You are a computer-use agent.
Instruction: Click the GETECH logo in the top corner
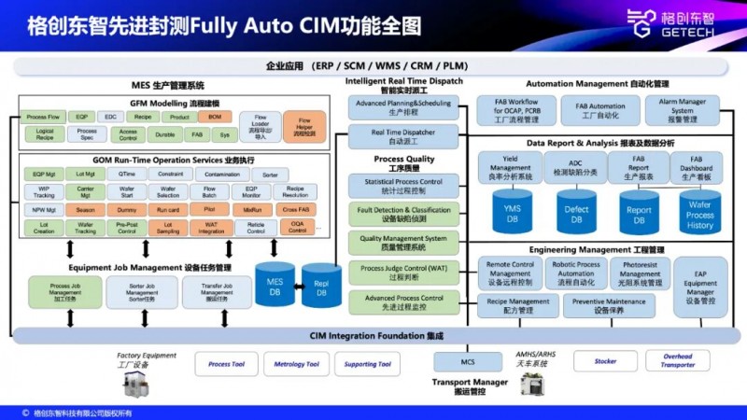point(686,23)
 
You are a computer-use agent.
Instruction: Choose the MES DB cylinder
point(275,285)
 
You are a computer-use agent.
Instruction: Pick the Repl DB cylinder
point(320,285)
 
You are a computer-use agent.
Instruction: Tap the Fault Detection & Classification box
point(404,215)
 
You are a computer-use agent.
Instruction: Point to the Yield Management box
point(511,167)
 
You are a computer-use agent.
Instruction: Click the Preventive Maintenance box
point(609,306)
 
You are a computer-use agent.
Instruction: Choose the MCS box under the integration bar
point(468,360)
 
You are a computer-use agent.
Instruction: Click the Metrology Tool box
point(296,364)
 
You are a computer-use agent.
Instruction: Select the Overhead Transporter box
point(678,360)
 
